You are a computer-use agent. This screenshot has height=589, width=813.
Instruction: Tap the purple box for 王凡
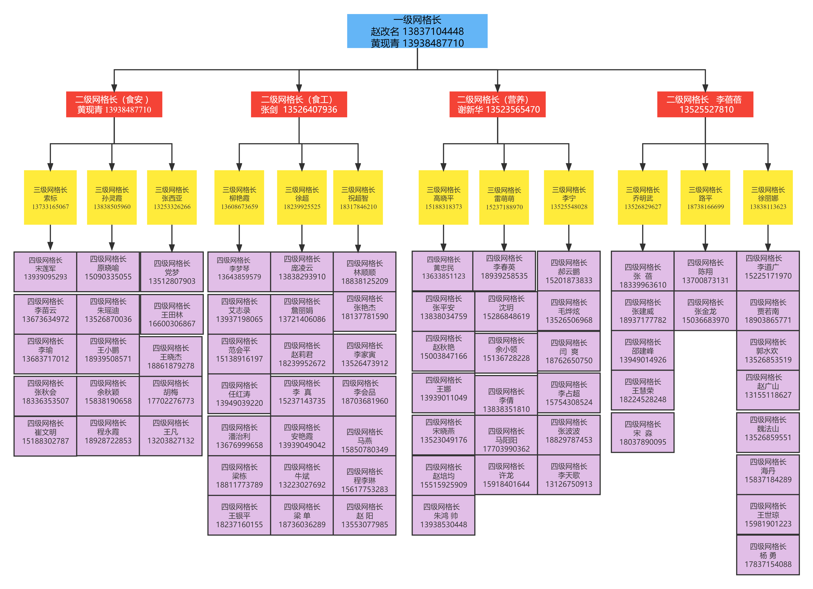[x=171, y=435]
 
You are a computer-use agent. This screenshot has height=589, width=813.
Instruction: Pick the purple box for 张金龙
[x=705, y=311]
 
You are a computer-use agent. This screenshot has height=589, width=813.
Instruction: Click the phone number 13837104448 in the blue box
[x=433, y=31]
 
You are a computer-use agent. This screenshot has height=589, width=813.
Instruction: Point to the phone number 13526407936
[x=310, y=110]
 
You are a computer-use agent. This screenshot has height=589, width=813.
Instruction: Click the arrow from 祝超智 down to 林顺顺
[x=358, y=238]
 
